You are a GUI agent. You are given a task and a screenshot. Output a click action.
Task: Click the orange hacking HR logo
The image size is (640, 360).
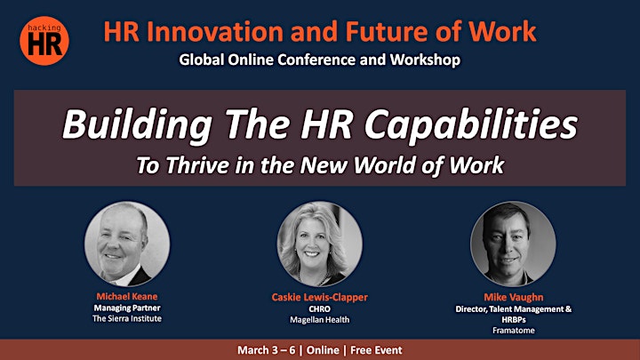coord(44,41)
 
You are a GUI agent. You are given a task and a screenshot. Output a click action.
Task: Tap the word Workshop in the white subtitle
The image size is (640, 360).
coord(425,60)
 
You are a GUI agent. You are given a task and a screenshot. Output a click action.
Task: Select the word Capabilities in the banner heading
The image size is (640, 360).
coord(471,124)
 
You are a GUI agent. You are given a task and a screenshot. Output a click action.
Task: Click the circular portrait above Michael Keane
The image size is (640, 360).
coord(127,244)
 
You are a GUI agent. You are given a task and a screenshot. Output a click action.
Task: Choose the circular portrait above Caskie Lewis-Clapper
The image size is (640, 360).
coord(320,244)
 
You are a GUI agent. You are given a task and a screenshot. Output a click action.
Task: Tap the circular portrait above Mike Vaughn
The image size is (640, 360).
coord(513,244)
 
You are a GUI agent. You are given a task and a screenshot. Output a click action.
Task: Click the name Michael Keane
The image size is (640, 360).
coord(127,296)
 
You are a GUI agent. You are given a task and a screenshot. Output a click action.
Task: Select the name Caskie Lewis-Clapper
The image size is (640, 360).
coord(320,297)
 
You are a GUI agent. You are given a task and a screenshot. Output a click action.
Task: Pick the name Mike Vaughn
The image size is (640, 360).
coord(514,297)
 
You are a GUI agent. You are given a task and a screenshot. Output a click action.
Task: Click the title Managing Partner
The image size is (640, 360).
coord(127,308)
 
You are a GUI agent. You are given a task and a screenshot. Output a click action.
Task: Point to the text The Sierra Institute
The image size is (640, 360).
coord(127,318)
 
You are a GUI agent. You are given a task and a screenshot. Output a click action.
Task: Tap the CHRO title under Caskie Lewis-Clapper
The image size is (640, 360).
coord(320,309)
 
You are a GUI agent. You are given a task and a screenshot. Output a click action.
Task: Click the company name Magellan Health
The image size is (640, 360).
coord(320,320)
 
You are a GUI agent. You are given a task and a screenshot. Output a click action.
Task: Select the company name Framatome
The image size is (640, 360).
coord(514,330)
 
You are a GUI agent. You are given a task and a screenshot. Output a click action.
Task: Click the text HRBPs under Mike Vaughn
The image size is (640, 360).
coord(514,320)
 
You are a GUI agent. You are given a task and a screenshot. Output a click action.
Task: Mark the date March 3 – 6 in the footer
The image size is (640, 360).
coord(266,350)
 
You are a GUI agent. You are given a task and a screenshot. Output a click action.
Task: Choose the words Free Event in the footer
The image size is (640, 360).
coord(376,350)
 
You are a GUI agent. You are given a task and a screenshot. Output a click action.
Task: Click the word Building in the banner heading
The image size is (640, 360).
coord(137,125)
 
